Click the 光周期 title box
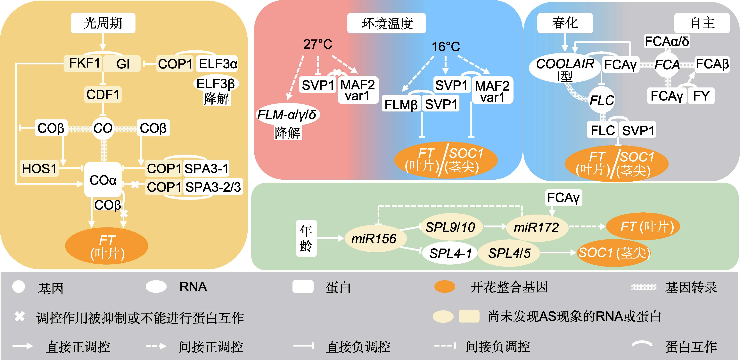(103, 23)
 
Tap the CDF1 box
(103, 94)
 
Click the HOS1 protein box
(39, 169)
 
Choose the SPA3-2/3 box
(213, 187)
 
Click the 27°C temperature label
(318, 44)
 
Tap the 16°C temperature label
(446, 46)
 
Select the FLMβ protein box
(401, 105)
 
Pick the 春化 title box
(565, 23)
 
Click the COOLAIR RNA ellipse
(565, 69)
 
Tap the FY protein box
(701, 96)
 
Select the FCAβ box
(712, 64)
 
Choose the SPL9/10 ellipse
(450, 227)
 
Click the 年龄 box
(306, 238)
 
